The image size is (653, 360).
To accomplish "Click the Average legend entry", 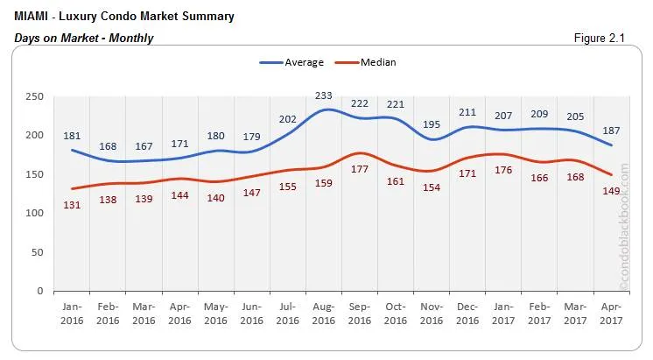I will coord(292,62).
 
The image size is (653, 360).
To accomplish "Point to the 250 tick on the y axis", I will coord(33,96).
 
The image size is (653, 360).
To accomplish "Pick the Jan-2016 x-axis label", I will coord(72,314).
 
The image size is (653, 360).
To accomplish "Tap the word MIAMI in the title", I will coord(32,17).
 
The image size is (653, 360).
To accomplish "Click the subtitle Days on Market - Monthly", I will coord(84,38).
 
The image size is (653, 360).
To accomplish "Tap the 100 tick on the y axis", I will coord(34,213).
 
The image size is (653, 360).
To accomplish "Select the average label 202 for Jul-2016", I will coord(287,118).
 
